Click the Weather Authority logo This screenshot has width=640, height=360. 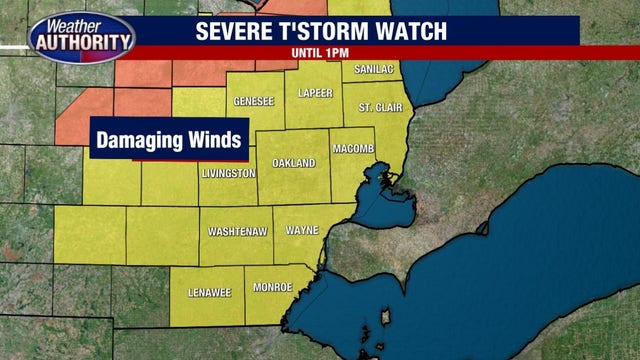pos(82,37)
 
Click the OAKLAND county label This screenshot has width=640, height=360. pos(293,163)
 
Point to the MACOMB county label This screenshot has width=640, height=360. pos(352,148)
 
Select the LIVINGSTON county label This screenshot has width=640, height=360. pos(229,173)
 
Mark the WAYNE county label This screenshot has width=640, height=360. pos(302,230)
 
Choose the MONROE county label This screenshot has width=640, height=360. pos(272,287)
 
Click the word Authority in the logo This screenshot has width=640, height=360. pos(84,44)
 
